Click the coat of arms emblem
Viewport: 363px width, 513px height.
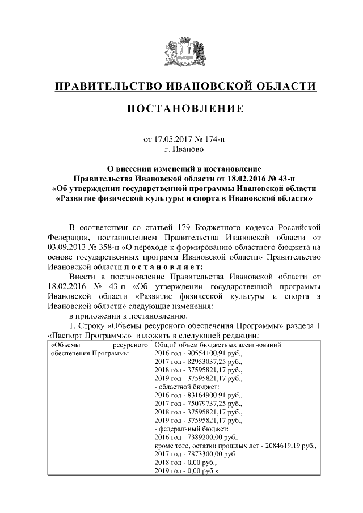point(181,51)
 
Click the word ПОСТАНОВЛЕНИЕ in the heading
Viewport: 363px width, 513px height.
point(185,108)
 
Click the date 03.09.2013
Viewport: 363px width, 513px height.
point(67,247)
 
